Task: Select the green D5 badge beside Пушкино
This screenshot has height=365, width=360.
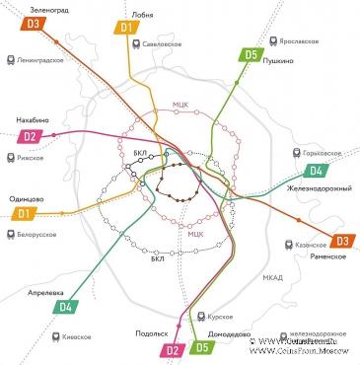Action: [x=252, y=55]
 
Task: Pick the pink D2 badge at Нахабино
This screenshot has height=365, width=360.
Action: [x=31, y=136]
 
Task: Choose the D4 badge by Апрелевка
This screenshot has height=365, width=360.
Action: [x=65, y=306]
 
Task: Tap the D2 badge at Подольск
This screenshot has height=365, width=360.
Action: [x=173, y=349]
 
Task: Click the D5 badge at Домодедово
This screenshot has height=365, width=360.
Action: [x=203, y=346]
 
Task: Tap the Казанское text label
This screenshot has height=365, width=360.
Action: [x=311, y=245]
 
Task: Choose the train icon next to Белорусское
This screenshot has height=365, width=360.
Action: [x=9, y=234]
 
